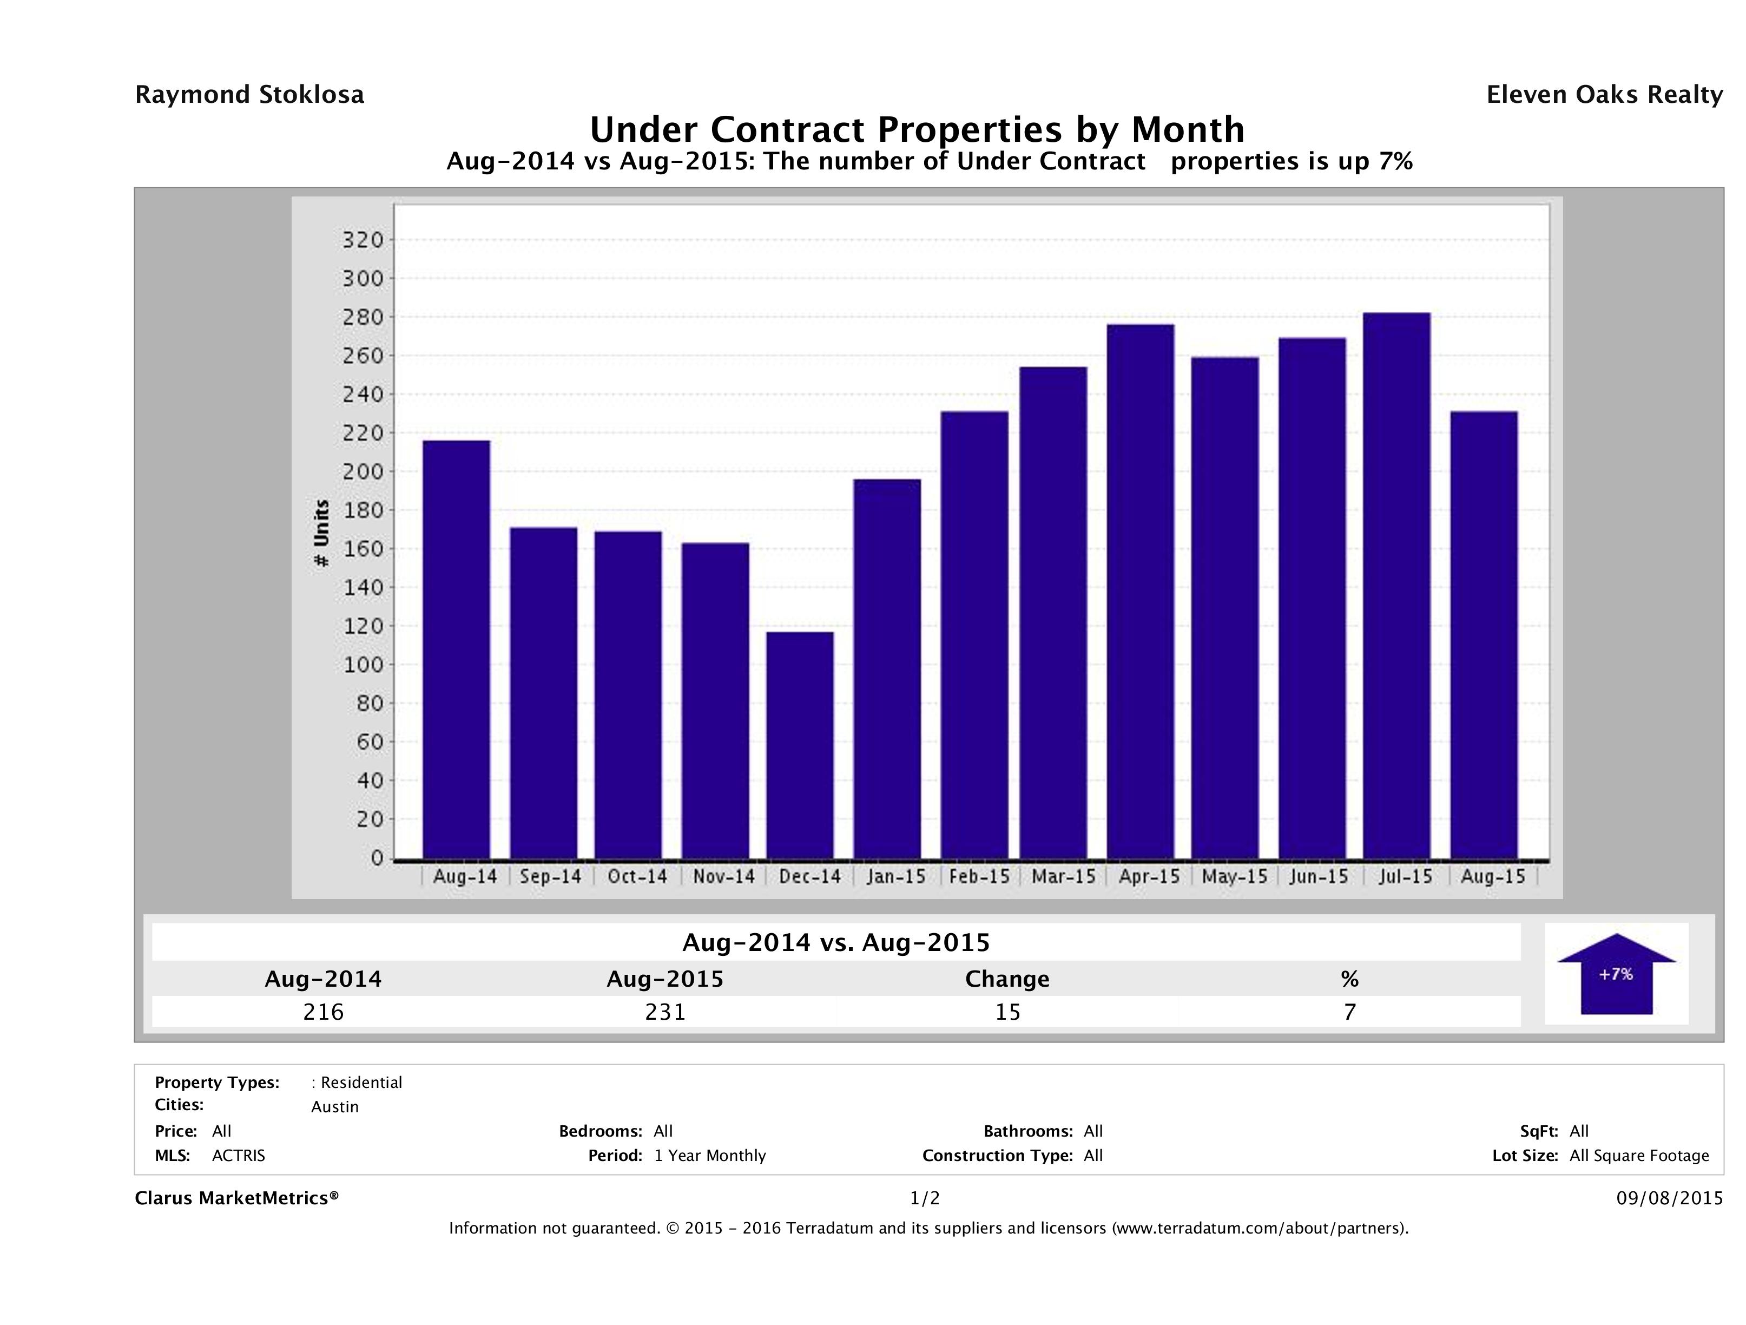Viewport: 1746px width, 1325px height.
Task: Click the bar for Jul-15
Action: (x=1396, y=585)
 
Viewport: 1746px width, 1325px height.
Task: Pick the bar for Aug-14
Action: (x=456, y=649)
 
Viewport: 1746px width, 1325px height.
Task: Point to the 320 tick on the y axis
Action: (x=363, y=240)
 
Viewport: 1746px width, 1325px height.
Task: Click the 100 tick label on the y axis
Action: (x=363, y=665)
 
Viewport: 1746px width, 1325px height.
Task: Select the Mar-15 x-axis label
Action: (x=1063, y=876)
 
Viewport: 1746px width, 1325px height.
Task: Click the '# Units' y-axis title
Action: (x=321, y=533)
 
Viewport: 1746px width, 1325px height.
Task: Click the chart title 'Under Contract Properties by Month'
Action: (x=917, y=129)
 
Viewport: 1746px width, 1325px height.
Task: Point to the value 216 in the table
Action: (x=324, y=1012)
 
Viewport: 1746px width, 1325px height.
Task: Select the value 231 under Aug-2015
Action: (x=666, y=1012)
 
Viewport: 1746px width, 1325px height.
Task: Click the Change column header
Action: (x=1007, y=979)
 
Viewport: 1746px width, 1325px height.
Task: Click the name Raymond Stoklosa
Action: (x=249, y=95)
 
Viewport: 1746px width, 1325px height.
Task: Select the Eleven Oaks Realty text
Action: (x=1604, y=95)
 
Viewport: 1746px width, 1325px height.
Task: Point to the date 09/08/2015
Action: (x=1669, y=1199)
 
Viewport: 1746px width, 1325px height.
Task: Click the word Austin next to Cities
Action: (x=335, y=1107)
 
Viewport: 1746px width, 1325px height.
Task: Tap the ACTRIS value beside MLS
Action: (x=239, y=1156)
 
